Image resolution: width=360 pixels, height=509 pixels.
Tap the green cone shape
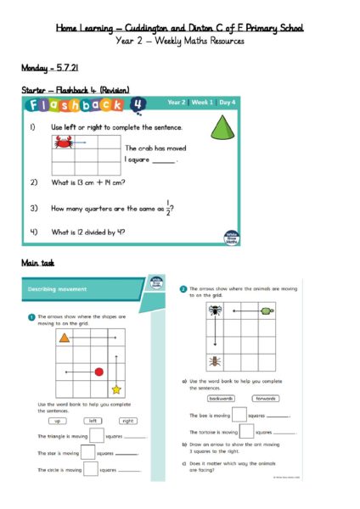223,130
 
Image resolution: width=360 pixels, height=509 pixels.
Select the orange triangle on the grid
64,338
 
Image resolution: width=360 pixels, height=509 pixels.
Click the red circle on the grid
98,372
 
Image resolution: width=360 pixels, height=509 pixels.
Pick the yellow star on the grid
115,389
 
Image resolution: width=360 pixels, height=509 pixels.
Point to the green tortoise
267,310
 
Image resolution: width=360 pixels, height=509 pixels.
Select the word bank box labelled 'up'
58,420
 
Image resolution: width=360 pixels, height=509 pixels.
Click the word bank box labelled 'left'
93,420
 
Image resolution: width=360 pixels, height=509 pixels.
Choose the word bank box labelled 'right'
127,420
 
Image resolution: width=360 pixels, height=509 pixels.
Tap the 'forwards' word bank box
266,397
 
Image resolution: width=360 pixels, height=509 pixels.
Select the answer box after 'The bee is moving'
239,415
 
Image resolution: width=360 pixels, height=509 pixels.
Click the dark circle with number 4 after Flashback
138,103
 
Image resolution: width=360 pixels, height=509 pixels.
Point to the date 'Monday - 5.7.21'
50,65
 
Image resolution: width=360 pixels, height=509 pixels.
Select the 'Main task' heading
37,263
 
